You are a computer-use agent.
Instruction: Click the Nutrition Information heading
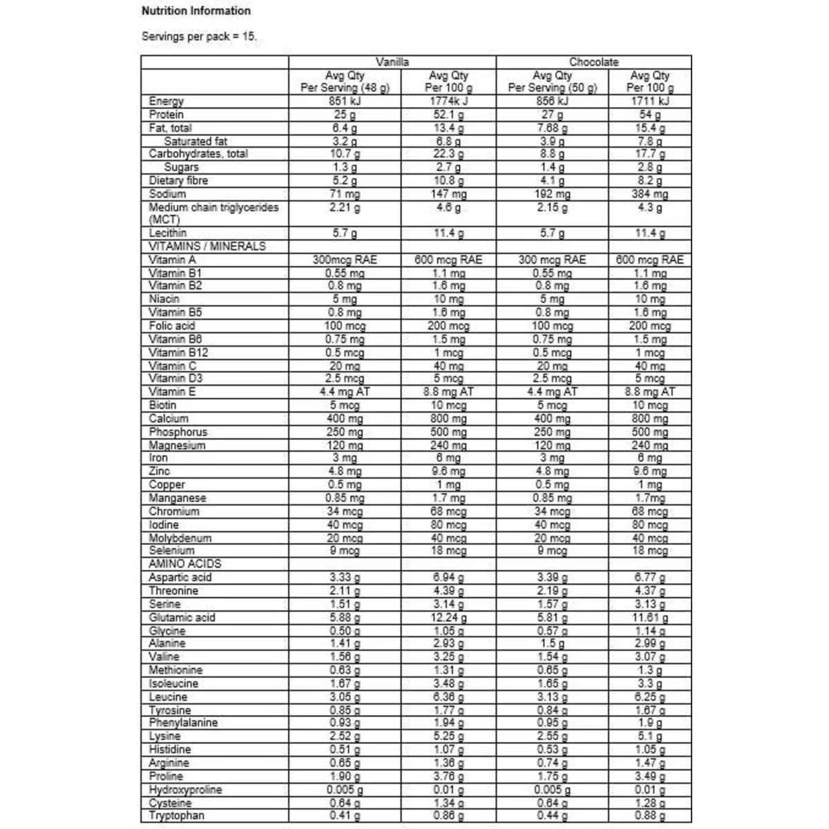[x=196, y=11]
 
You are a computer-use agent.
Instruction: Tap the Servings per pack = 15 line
[x=199, y=37]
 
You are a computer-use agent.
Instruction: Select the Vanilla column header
[x=392, y=62]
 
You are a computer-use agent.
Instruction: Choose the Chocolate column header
[x=593, y=62]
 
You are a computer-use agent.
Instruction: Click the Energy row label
[x=166, y=102]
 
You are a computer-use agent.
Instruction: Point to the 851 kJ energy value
[x=345, y=102]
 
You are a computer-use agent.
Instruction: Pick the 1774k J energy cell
[x=448, y=102]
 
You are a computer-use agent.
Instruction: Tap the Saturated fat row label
[x=196, y=142]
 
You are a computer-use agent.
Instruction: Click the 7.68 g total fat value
[x=552, y=128]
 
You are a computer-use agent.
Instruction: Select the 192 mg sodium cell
[x=552, y=194]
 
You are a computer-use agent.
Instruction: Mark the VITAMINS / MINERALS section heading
[x=207, y=247]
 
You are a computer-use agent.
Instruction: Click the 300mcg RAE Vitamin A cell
[x=345, y=260]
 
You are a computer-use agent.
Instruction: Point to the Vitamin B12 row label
[x=178, y=352]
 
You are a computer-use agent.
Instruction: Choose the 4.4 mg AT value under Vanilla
[x=345, y=392]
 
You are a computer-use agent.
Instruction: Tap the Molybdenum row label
[x=180, y=538]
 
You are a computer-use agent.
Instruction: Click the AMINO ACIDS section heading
[x=185, y=564]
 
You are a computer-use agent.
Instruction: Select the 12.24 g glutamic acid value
[x=448, y=618]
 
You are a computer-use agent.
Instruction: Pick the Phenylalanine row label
[x=183, y=723]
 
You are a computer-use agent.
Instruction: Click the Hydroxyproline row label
[x=185, y=790]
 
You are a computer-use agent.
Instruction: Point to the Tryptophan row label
[x=177, y=816]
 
